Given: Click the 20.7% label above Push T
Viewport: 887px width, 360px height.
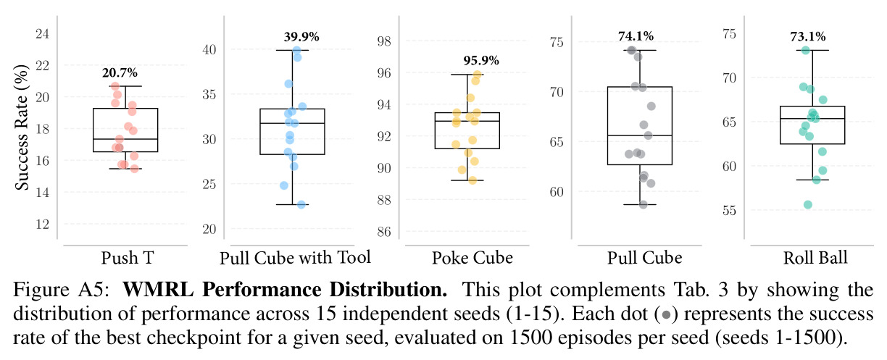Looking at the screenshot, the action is (x=120, y=72).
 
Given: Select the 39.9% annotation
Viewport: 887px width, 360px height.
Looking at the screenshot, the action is (x=301, y=36).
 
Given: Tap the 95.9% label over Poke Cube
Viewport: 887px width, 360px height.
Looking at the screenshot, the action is (x=481, y=60).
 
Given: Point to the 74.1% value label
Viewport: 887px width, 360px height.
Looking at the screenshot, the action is (x=636, y=36).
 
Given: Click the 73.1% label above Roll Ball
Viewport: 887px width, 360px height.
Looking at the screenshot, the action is (x=808, y=36).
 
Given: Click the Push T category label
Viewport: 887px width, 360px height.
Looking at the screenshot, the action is (x=127, y=258).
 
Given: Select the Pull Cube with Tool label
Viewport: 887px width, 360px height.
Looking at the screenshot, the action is (x=295, y=258).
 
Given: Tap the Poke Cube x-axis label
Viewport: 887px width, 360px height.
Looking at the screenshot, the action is (x=472, y=258).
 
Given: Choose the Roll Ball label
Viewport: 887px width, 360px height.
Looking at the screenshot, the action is (x=815, y=258).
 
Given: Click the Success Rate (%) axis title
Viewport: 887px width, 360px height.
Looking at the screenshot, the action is (x=22, y=127).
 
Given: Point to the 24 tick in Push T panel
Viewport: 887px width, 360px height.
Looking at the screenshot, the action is (x=42, y=33).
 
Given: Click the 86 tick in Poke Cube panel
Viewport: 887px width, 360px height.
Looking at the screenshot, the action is (x=383, y=232).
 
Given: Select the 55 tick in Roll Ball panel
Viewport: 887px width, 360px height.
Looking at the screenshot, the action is (x=729, y=210).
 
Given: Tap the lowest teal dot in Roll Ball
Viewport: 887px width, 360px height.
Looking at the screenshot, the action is (x=808, y=204).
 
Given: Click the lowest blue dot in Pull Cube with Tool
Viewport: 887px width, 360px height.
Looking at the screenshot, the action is (x=301, y=204).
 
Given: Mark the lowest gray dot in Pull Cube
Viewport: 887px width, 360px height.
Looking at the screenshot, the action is (x=643, y=204).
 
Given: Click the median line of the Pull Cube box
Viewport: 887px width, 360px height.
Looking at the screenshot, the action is (x=639, y=135).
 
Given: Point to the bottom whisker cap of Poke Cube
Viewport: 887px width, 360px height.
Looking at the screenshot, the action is (x=467, y=180).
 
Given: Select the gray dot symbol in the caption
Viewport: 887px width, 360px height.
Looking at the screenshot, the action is (x=666, y=315).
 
